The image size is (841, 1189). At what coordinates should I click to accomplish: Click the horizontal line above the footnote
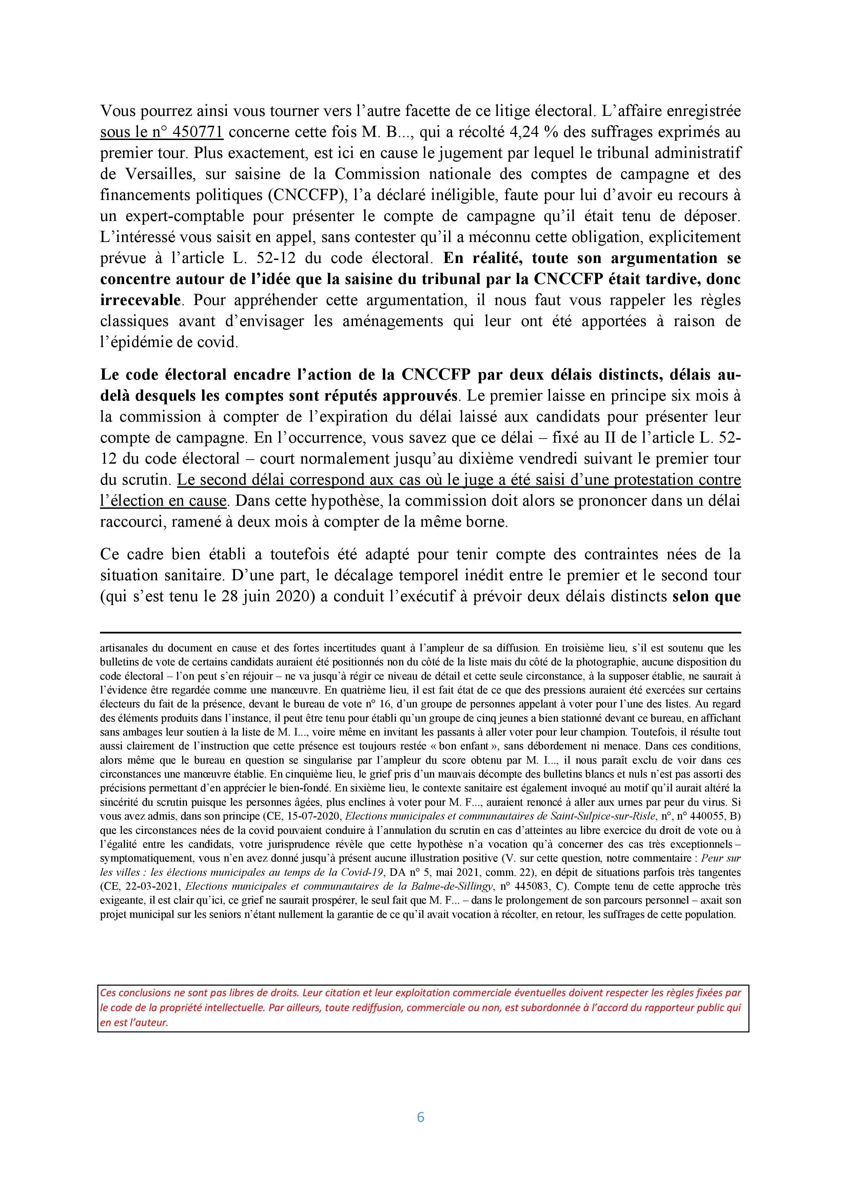pyautogui.click(x=420, y=632)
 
